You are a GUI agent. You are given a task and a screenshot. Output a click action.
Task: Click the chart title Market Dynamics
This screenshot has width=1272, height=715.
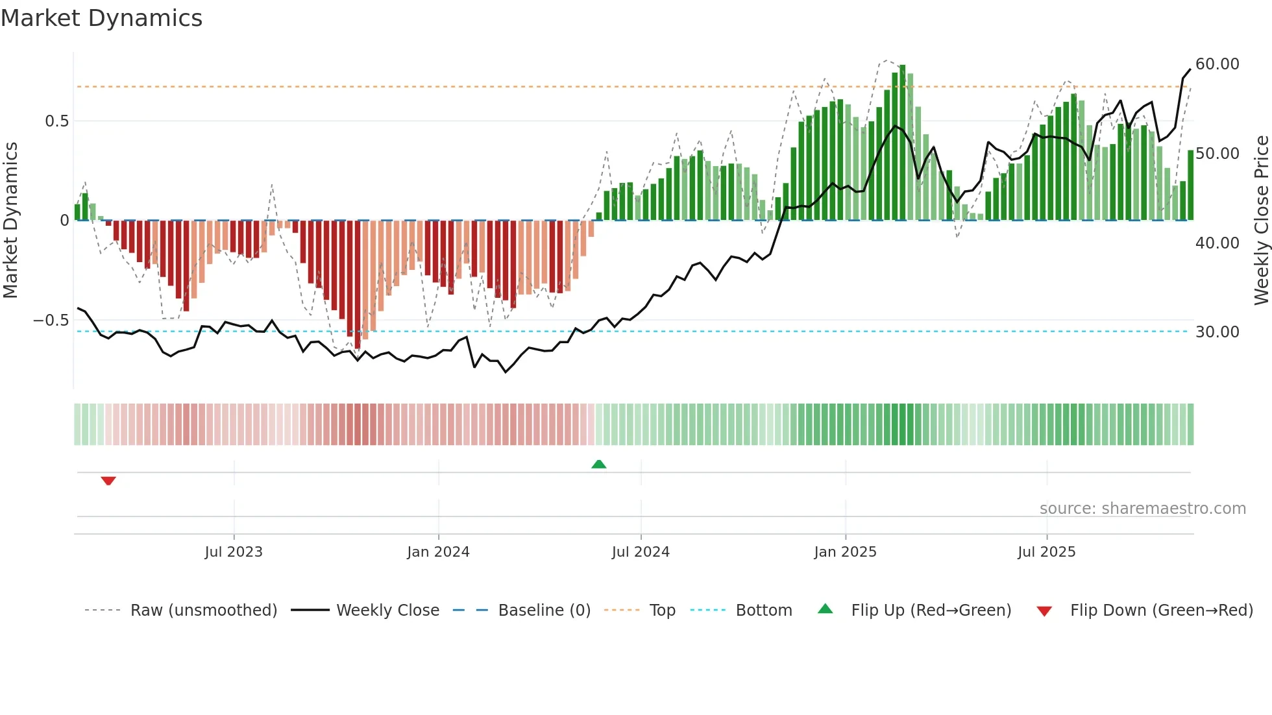point(101,18)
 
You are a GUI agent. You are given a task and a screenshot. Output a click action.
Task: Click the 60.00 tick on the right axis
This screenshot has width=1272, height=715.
point(1217,64)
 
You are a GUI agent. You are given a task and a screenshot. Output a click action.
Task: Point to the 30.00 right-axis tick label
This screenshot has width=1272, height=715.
point(1217,332)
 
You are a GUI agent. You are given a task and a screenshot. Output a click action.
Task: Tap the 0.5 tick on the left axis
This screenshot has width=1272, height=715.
point(56,121)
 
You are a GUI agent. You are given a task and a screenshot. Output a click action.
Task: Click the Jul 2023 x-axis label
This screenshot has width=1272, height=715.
point(234,552)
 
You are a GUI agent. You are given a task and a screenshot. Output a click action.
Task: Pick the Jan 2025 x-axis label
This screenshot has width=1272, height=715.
point(845,552)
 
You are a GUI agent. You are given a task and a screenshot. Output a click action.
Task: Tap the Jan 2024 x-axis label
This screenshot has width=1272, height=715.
point(438,552)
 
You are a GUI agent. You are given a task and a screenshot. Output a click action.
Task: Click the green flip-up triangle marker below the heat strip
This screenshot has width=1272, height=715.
point(599,465)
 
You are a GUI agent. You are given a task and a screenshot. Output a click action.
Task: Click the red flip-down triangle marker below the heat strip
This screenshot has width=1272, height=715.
point(108,481)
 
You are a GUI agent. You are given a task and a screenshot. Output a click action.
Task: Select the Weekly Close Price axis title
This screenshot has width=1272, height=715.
point(1261,221)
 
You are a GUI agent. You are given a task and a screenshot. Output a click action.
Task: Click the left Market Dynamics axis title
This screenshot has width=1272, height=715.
point(10,221)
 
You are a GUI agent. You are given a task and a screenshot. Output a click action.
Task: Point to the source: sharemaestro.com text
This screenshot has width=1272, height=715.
point(1142,509)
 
